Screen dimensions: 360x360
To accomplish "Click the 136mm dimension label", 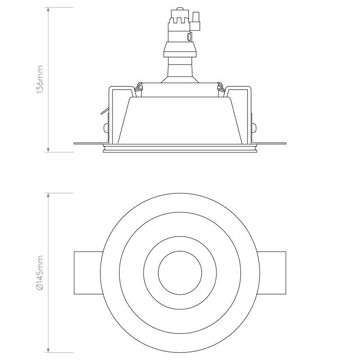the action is pyautogui.click(x=40, y=80).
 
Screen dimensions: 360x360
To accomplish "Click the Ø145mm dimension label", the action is pyautogui.click(x=40, y=273).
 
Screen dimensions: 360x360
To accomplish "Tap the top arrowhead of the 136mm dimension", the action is pyautogui.click(x=48, y=9).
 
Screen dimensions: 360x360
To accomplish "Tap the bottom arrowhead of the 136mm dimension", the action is pyautogui.click(x=48, y=150).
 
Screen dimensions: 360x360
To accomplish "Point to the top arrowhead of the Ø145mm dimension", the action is pyautogui.click(x=48, y=195).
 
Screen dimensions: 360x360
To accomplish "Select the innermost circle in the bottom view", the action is pyautogui.click(x=180, y=251).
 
